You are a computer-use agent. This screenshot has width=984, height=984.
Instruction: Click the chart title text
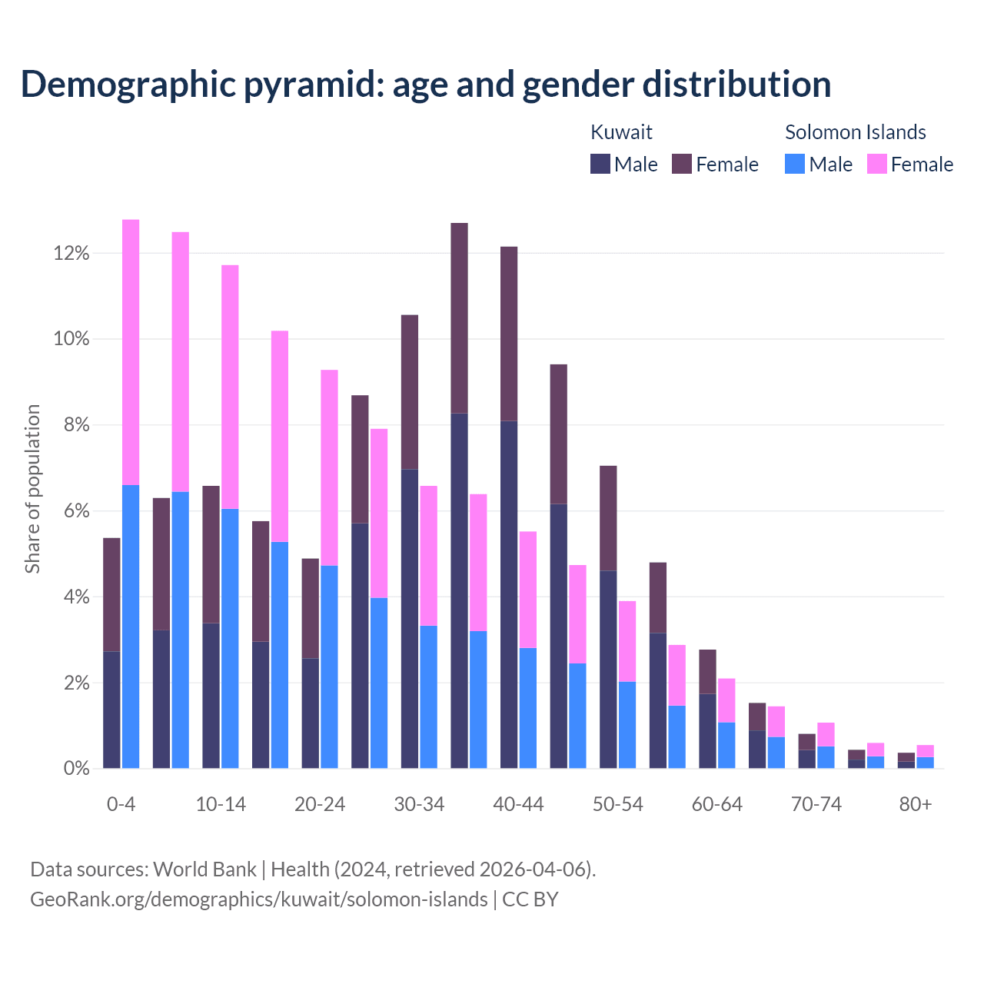pyautogui.click(x=425, y=84)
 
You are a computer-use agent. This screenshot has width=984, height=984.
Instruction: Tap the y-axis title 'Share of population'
pyautogui.click(x=33, y=489)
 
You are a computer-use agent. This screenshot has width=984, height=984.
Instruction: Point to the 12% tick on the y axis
pyautogui.click(x=71, y=254)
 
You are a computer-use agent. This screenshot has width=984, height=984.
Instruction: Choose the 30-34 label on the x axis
pyautogui.click(x=419, y=805)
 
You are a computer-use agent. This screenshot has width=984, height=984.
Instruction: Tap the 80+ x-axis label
pyautogui.click(x=916, y=805)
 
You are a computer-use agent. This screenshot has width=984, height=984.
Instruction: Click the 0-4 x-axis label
pyautogui.click(x=121, y=805)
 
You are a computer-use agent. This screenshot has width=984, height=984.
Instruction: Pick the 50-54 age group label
pyautogui.click(x=617, y=805)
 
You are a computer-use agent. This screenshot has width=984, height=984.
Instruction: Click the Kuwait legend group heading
pyautogui.click(x=621, y=132)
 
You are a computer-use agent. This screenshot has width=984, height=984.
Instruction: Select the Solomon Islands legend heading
pyautogui.click(x=855, y=132)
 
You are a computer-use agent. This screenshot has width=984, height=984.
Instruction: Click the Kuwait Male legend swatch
pyautogui.click(x=600, y=164)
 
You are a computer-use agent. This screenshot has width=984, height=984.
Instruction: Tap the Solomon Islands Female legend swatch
pyautogui.click(x=876, y=164)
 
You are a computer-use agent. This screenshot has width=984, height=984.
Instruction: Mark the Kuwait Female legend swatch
pyautogui.click(x=682, y=164)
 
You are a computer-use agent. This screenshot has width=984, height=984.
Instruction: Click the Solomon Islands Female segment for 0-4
pyautogui.click(x=131, y=352)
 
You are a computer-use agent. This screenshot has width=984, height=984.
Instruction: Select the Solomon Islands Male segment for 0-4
pyautogui.click(x=131, y=627)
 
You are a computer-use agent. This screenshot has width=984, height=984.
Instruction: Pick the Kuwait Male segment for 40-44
pyautogui.click(x=509, y=594)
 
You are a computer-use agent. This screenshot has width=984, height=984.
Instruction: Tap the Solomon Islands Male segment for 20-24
pyautogui.click(x=329, y=667)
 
